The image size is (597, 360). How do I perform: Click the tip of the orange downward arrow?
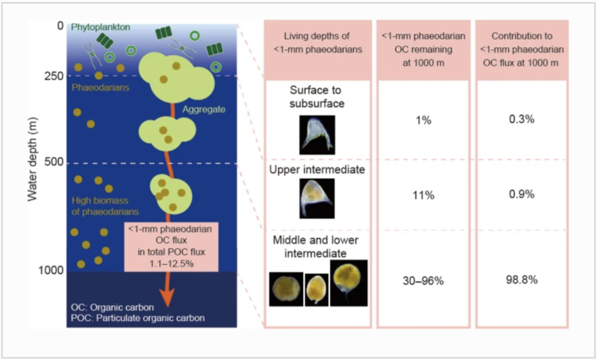(167, 307)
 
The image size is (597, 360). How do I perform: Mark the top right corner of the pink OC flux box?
(218, 222)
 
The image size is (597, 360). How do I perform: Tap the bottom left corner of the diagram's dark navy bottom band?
(67, 327)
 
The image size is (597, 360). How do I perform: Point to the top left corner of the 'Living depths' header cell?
(264, 21)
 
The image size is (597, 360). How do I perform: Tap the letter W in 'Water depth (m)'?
(32, 194)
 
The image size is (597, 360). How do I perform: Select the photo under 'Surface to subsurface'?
(317, 135)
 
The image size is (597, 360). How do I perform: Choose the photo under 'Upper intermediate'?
(317, 198)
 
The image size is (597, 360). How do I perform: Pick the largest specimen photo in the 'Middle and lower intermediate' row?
(349, 283)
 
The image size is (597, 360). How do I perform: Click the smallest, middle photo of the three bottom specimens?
(317, 290)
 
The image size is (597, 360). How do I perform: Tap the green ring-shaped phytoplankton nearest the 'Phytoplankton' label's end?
(131, 50)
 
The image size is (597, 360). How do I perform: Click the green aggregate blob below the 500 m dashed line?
(171, 194)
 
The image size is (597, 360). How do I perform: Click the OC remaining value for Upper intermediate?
(423, 195)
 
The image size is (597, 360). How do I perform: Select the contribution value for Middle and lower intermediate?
(521, 280)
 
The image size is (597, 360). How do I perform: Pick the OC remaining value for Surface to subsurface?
(423, 120)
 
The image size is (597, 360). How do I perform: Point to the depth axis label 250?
(54, 76)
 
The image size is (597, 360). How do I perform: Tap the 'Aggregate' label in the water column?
(204, 110)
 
